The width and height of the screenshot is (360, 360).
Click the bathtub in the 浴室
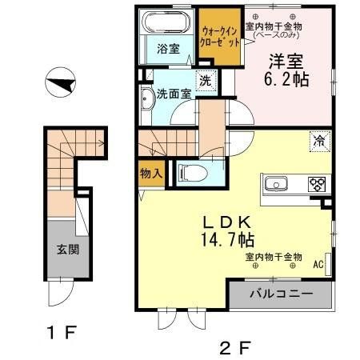166,22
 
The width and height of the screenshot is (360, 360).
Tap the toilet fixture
194,174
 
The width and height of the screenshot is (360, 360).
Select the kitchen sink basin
276,184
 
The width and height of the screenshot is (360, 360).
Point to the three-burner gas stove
317,184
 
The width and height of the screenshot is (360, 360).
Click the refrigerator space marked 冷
320,142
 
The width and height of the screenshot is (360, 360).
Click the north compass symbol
60,82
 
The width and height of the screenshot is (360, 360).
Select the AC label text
318,265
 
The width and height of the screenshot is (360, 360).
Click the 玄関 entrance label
68,250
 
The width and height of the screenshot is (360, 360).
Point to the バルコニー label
281,294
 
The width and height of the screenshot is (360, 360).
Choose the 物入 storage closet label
151,174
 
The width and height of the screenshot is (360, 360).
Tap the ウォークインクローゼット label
219,37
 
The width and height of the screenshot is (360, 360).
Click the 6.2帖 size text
286,79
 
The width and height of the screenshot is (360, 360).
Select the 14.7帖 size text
227,239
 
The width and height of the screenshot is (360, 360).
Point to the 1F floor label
62,332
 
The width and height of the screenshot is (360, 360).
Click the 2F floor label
235,348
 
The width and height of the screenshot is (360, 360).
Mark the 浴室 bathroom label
168,49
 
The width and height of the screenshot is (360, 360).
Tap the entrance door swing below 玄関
61,292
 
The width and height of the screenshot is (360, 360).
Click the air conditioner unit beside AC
328,264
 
